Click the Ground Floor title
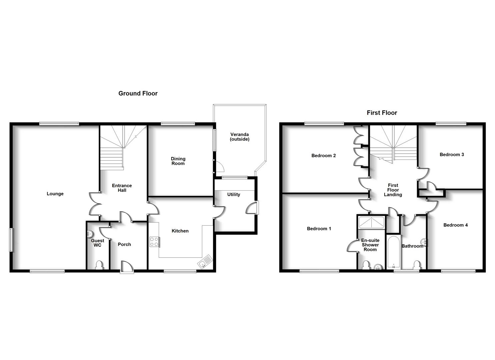[138, 94]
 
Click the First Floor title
[382, 113]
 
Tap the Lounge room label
[55, 194]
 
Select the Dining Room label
[178, 161]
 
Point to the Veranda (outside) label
[240, 137]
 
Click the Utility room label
[234, 195]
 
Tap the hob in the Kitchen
[154, 242]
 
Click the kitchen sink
[205, 261]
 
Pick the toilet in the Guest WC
[99, 265]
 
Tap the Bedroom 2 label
[323, 156]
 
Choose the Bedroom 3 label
[452, 155]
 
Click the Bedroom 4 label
[455, 225]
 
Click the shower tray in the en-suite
[371, 223]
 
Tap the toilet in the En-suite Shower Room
[366, 265]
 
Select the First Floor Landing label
[393, 190]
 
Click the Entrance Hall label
[122, 188]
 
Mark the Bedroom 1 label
[319, 229]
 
